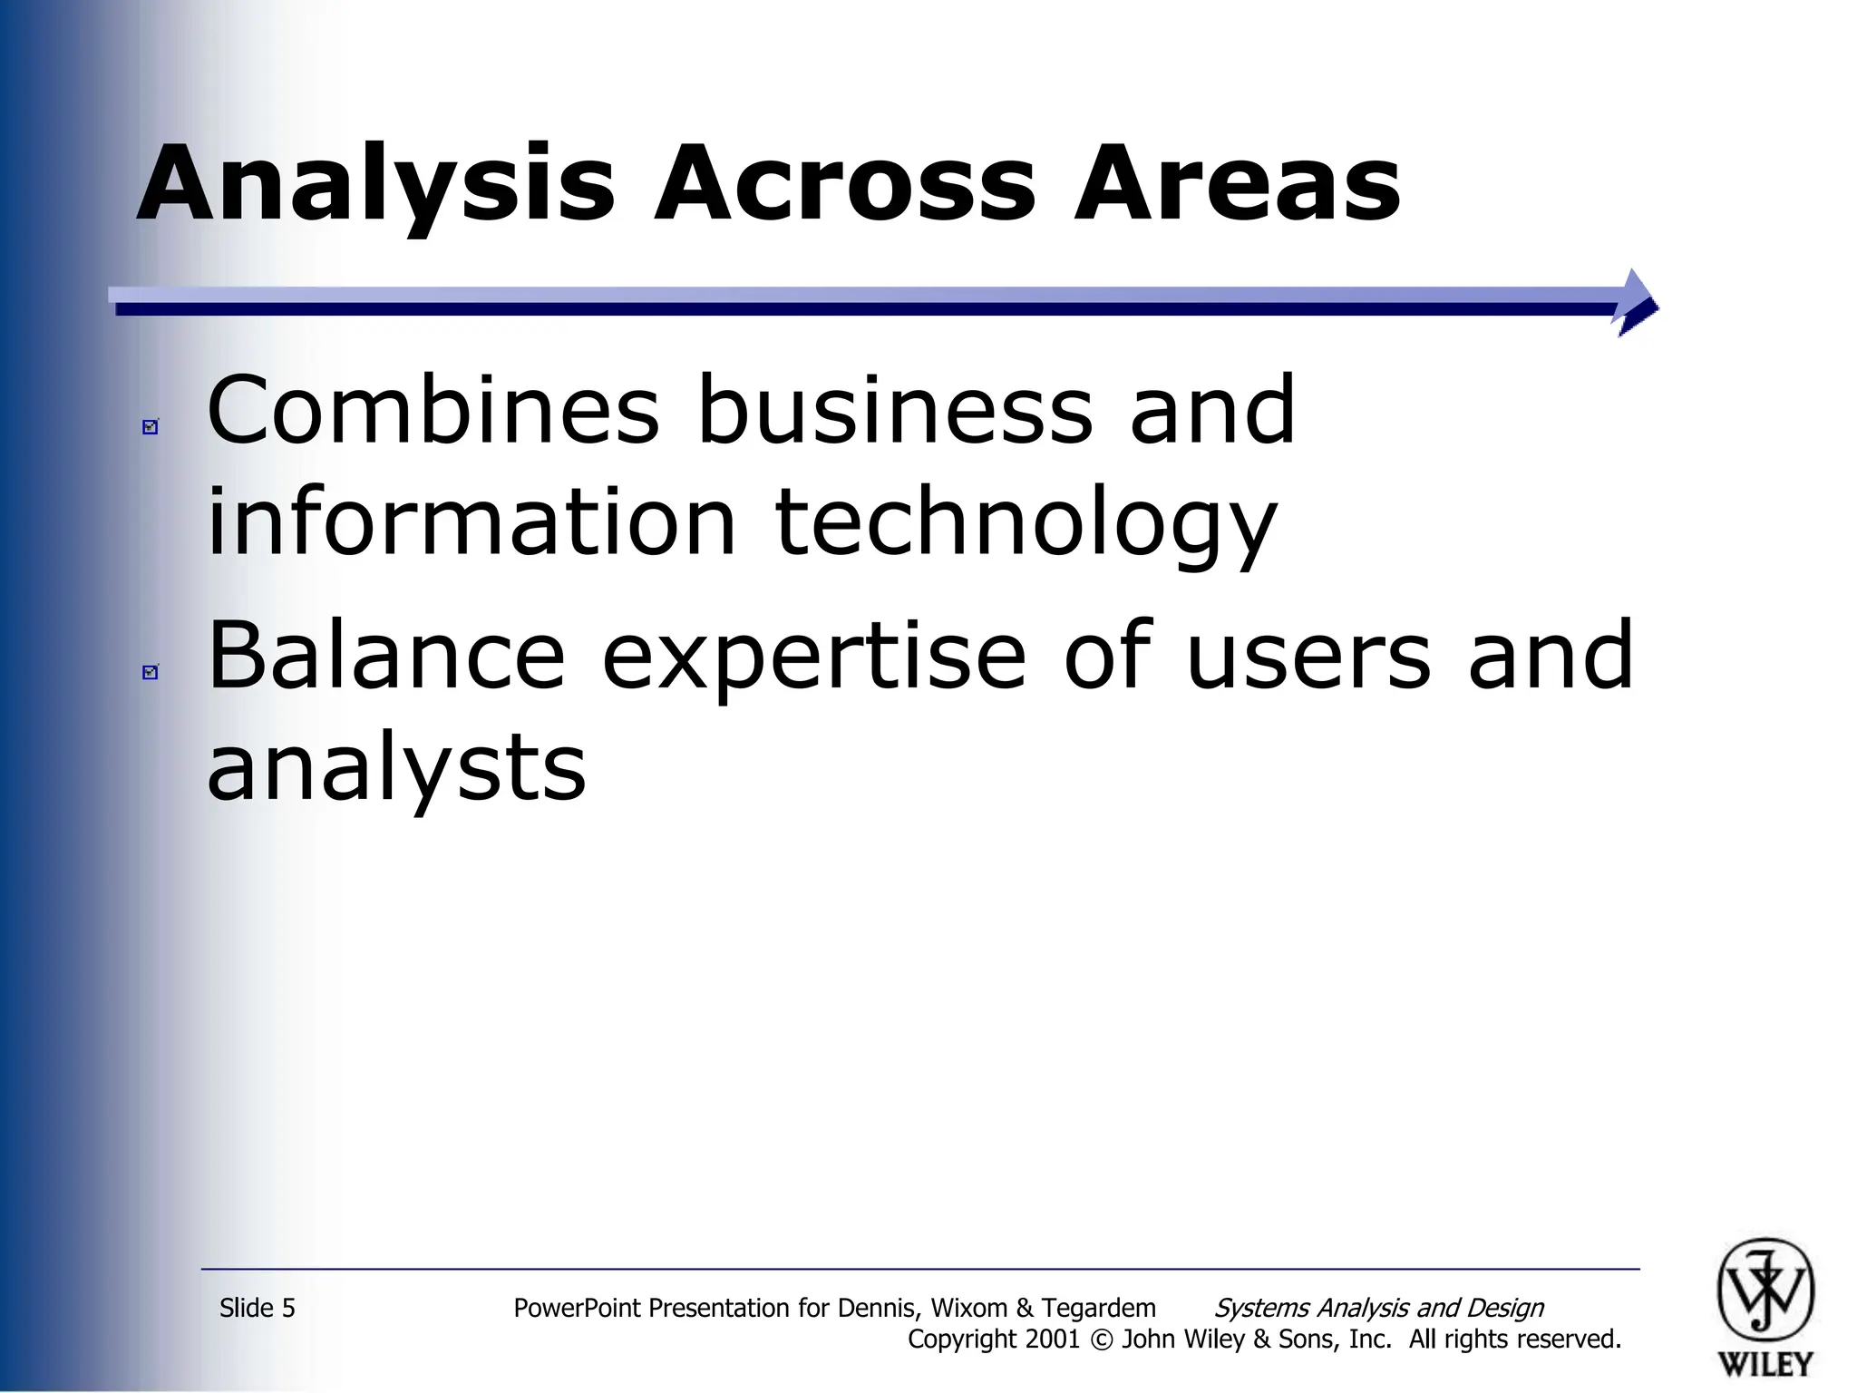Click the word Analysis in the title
(x=376, y=186)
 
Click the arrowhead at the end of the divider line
(x=1638, y=303)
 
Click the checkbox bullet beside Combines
(x=151, y=426)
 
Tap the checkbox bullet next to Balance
(x=151, y=671)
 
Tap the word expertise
(x=813, y=658)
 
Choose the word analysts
(x=396, y=769)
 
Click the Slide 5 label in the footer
(x=258, y=1308)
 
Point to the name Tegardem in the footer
(x=1098, y=1308)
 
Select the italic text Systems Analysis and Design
(x=1378, y=1308)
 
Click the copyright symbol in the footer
(x=1101, y=1339)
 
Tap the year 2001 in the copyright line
(x=1053, y=1339)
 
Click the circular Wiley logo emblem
(x=1765, y=1291)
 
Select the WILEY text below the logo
(x=1765, y=1363)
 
